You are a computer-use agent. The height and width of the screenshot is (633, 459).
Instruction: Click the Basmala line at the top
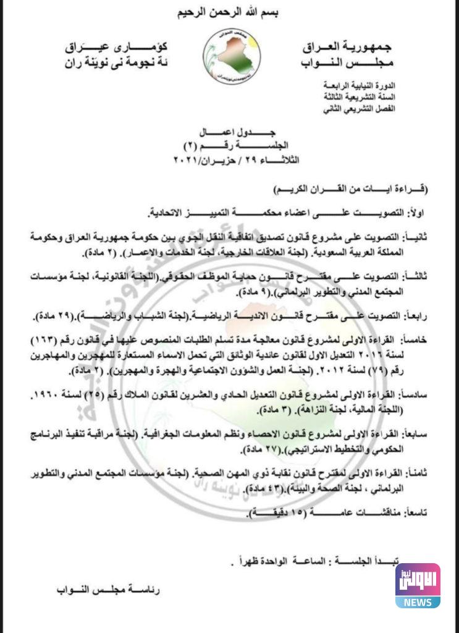point(229,13)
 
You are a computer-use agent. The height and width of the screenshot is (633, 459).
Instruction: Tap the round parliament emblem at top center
point(231,56)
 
